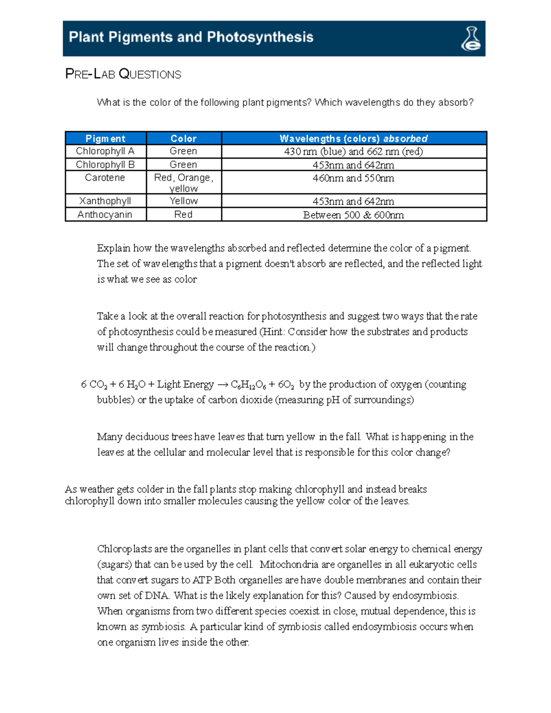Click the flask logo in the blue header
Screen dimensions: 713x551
471,39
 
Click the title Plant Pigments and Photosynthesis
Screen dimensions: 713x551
191,37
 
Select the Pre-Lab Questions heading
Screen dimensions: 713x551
123,74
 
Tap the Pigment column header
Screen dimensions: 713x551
105,139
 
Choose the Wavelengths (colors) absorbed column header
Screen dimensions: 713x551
354,139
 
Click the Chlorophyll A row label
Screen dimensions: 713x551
105,151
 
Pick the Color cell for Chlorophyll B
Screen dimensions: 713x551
183,164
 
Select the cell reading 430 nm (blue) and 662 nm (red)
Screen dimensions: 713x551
354,152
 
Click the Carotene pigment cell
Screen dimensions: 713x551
105,178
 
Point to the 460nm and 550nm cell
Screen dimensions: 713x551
354,178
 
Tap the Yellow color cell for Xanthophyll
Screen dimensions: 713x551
183,201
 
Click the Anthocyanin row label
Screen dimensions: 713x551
105,214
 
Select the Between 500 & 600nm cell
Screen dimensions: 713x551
354,215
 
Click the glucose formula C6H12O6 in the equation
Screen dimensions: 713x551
248,385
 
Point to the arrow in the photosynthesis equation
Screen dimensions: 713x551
222,385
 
